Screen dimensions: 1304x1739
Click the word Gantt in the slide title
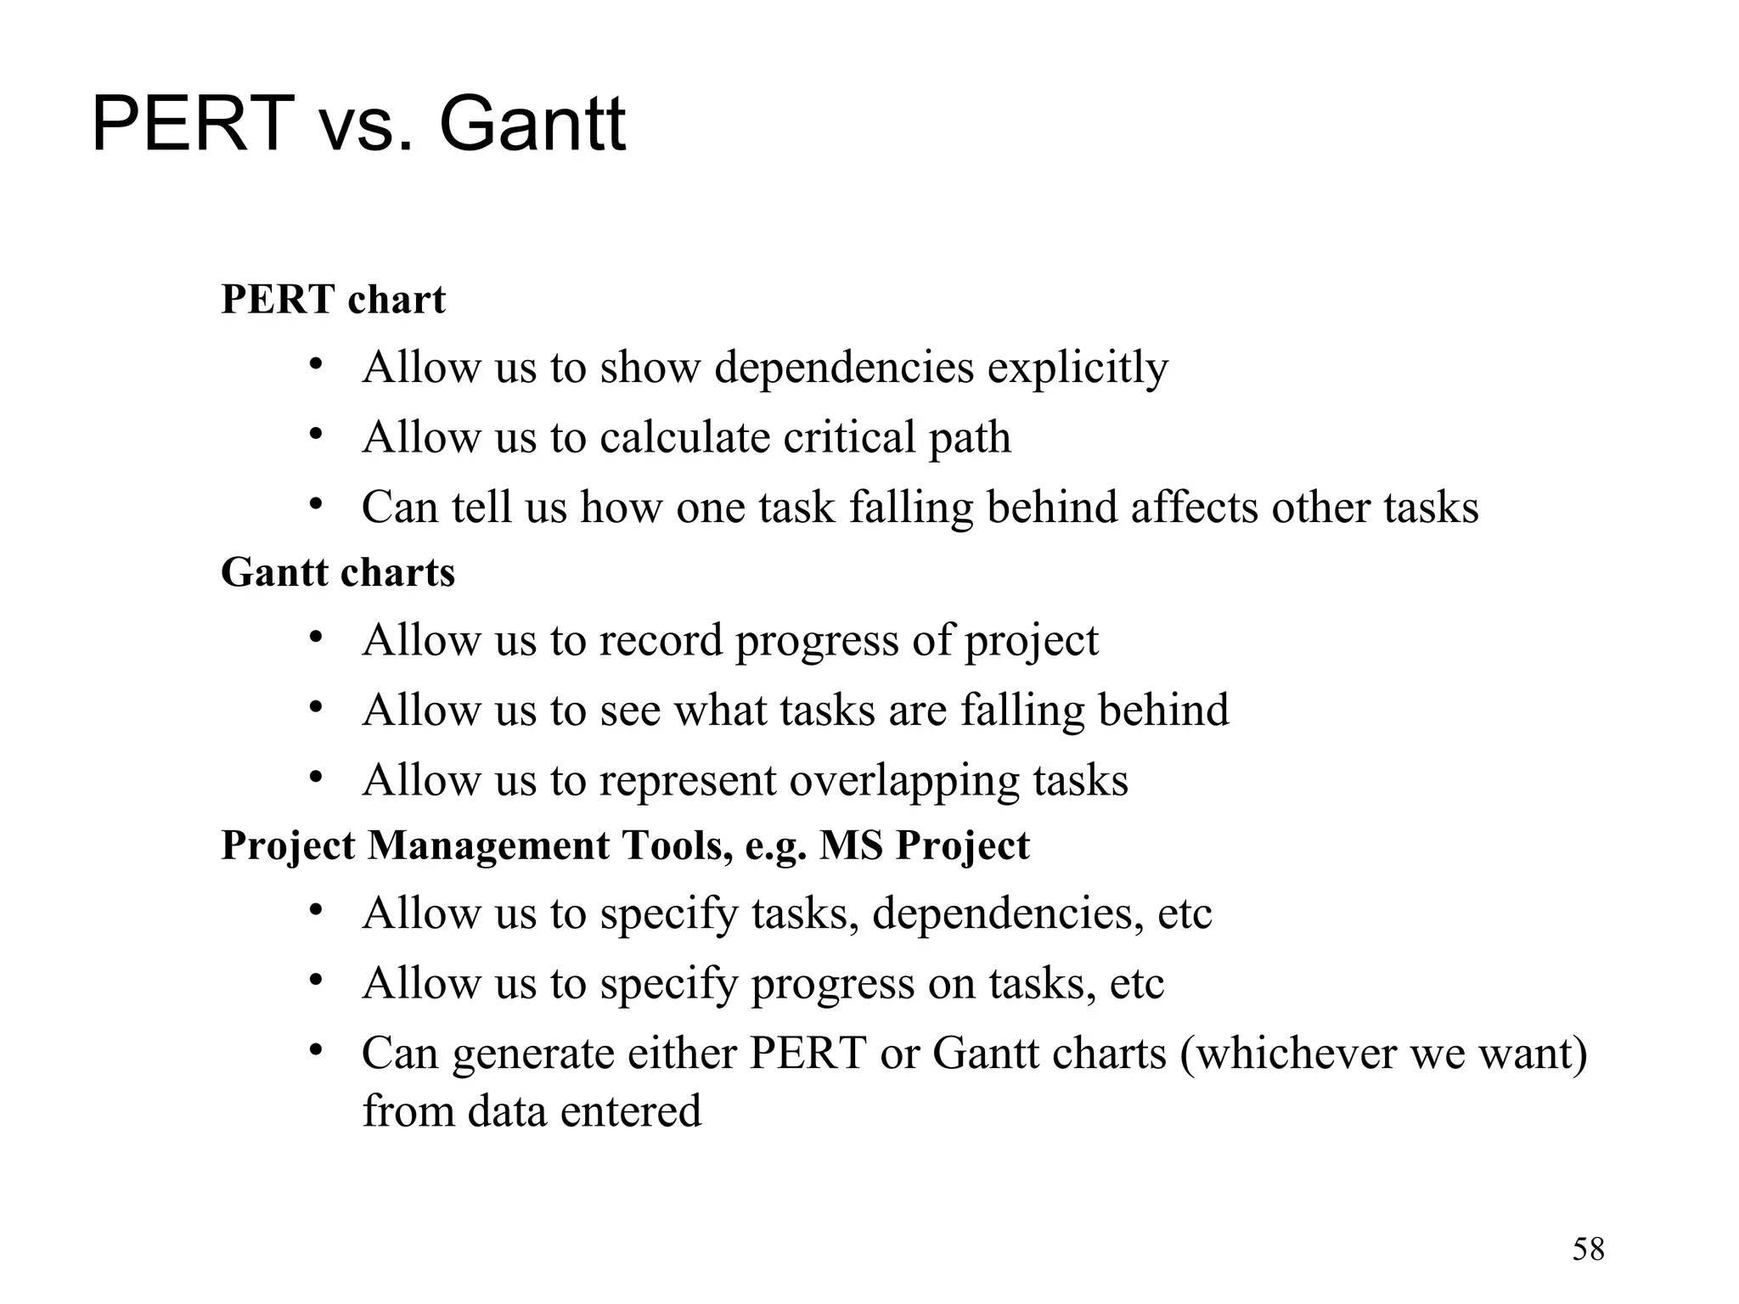point(532,125)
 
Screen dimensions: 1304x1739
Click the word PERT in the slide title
point(193,125)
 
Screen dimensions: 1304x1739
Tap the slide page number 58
point(1588,1250)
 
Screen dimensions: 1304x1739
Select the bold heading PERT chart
point(333,300)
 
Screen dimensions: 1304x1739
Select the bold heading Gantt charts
point(338,572)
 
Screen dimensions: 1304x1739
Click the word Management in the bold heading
point(487,846)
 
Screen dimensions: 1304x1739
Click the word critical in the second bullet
point(848,438)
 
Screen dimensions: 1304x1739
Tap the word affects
point(1193,508)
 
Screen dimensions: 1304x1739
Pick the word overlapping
point(904,780)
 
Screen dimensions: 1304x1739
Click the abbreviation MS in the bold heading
point(850,846)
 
